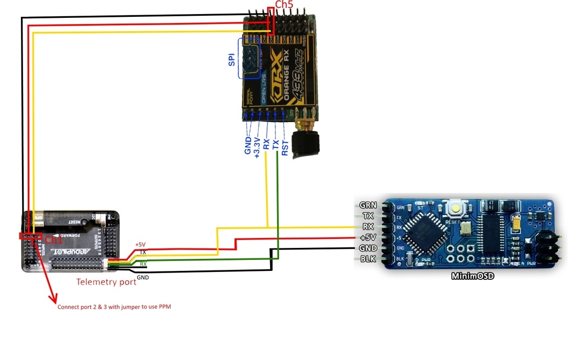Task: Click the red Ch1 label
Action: point(53,239)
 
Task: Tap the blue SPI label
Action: point(231,59)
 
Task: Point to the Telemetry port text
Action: point(106,282)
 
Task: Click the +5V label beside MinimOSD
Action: point(369,237)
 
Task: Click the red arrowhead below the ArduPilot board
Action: point(53,300)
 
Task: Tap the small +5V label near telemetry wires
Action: point(140,245)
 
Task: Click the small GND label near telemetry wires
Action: point(142,277)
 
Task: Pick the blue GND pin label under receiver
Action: point(248,145)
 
